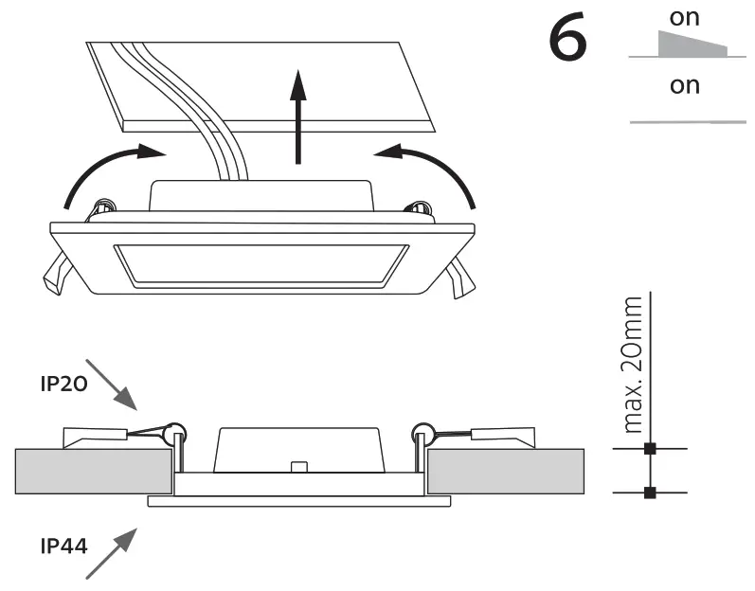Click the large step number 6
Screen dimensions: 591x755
(x=568, y=42)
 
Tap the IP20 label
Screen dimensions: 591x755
(x=64, y=385)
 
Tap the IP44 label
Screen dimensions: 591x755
(x=64, y=546)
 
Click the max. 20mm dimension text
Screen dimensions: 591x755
(x=633, y=365)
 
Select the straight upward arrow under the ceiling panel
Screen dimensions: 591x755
(x=299, y=117)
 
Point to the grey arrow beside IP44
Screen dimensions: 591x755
(x=112, y=553)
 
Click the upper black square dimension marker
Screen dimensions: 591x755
(x=649, y=448)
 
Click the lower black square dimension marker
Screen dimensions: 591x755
(x=649, y=492)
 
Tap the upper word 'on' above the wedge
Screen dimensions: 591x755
(x=684, y=17)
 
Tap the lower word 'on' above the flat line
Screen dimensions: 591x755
(x=684, y=85)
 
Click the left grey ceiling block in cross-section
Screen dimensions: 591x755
(x=93, y=471)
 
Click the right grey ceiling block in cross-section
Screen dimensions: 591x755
(x=505, y=471)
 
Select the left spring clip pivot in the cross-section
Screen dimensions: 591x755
(x=172, y=434)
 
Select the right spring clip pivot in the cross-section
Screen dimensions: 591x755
(x=423, y=434)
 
